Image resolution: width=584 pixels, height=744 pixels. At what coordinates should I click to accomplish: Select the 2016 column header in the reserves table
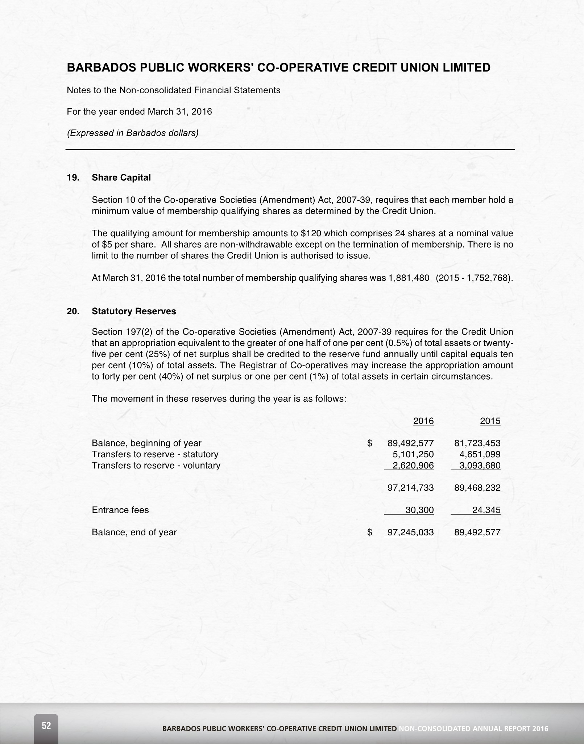pos(423,421)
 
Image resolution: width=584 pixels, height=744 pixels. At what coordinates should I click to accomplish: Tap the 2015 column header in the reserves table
pos(490,421)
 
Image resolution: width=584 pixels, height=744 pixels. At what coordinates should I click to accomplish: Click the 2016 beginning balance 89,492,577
pos(410,443)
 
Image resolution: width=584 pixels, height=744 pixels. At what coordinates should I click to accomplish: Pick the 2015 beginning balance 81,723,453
pos(477,443)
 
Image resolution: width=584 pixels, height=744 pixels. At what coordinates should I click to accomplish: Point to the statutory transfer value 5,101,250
pos(413,454)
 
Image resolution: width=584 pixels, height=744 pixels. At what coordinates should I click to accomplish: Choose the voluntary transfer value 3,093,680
pos(480,466)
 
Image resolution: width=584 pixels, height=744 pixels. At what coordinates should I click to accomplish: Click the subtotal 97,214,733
pos(410,488)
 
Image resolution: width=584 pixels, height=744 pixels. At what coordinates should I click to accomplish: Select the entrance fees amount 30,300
pos(419,510)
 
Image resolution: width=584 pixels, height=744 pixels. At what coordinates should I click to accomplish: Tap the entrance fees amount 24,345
pos(486,510)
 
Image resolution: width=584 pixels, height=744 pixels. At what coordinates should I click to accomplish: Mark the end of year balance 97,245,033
pos(410,532)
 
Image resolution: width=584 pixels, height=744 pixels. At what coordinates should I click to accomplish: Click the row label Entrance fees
pos(120,510)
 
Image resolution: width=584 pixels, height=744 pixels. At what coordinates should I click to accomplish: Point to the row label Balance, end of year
pos(134,532)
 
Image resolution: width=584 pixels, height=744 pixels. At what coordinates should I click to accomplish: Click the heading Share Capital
pos(121,177)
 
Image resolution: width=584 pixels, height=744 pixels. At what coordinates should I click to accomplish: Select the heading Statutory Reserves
pos(134,311)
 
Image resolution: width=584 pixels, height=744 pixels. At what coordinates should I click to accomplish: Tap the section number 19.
pos(73,177)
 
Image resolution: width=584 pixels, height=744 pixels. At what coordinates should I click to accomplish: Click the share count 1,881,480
pos(409,278)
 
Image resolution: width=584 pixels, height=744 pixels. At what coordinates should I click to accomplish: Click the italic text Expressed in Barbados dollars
pos(133,133)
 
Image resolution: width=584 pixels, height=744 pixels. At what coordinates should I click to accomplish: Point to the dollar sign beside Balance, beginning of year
pos(370,443)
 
